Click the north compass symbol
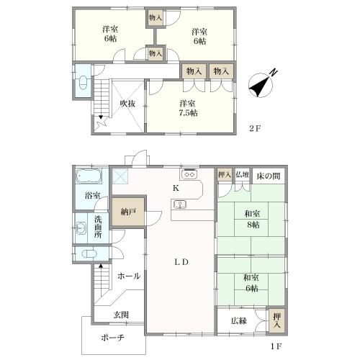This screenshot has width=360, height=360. point(261,85)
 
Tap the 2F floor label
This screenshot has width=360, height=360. point(255,129)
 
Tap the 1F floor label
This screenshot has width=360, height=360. point(276,346)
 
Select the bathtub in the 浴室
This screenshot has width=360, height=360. point(89,176)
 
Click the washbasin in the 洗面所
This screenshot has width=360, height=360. point(81,228)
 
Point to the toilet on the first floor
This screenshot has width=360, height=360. point(89,254)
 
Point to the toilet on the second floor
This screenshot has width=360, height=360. point(83,83)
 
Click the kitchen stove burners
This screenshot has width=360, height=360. point(189,174)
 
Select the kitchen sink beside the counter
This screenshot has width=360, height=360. point(179,204)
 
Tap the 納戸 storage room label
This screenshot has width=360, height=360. point(129,212)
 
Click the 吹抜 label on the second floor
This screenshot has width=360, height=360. point(127,104)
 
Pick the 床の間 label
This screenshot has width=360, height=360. point(269,176)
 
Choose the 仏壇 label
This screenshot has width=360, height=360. point(242,174)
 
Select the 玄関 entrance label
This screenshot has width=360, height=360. point(121,315)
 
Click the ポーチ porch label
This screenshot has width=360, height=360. point(112,338)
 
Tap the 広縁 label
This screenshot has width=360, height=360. point(239,320)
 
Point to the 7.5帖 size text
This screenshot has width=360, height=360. point(189,113)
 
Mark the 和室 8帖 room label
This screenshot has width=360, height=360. point(252,219)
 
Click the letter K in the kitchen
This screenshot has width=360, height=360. point(176,189)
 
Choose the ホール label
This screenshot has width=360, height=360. point(129,276)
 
